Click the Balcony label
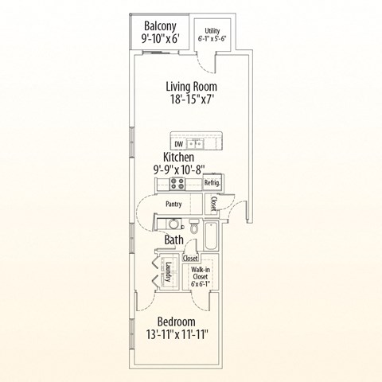pyautogui.click(x=159, y=23)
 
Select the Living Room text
pyautogui.click(x=191, y=86)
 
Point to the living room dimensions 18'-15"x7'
pyautogui.click(x=191, y=101)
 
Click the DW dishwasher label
pyautogui.click(x=179, y=144)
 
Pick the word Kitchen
pyautogui.click(x=179, y=157)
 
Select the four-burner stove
pyautogui.click(x=177, y=184)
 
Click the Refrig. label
pyautogui.click(x=212, y=183)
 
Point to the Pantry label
pyautogui.click(x=173, y=204)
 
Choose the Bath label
pyautogui.click(x=174, y=239)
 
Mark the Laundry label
pyautogui.click(x=169, y=272)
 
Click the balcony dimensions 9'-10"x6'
pyautogui.click(x=159, y=37)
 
